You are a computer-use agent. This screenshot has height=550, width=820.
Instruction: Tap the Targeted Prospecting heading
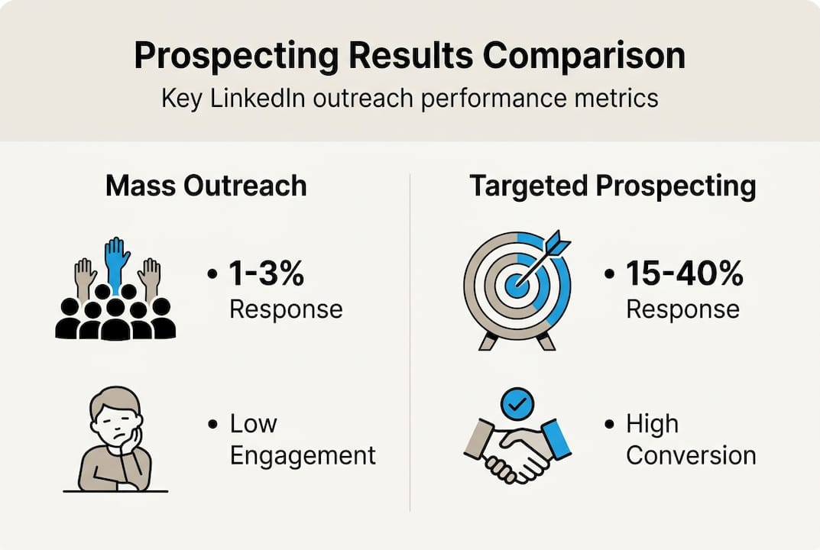[x=612, y=186]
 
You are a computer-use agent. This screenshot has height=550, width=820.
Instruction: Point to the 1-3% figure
[x=267, y=273]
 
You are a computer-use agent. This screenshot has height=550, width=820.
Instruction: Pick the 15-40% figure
[x=685, y=273]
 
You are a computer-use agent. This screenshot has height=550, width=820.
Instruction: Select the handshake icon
[x=517, y=451]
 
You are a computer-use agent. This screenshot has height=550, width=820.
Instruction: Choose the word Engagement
[x=303, y=455]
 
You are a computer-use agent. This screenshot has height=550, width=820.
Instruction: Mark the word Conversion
[x=691, y=455]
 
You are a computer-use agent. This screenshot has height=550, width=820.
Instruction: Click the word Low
[x=254, y=423]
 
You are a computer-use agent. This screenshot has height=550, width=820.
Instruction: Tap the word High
[x=652, y=423]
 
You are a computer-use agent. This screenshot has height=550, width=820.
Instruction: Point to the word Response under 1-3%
[x=286, y=309]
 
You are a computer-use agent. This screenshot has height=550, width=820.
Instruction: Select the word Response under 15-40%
[x=682, y=309]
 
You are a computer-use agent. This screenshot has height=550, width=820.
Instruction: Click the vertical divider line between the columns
[x=410, y=344]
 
